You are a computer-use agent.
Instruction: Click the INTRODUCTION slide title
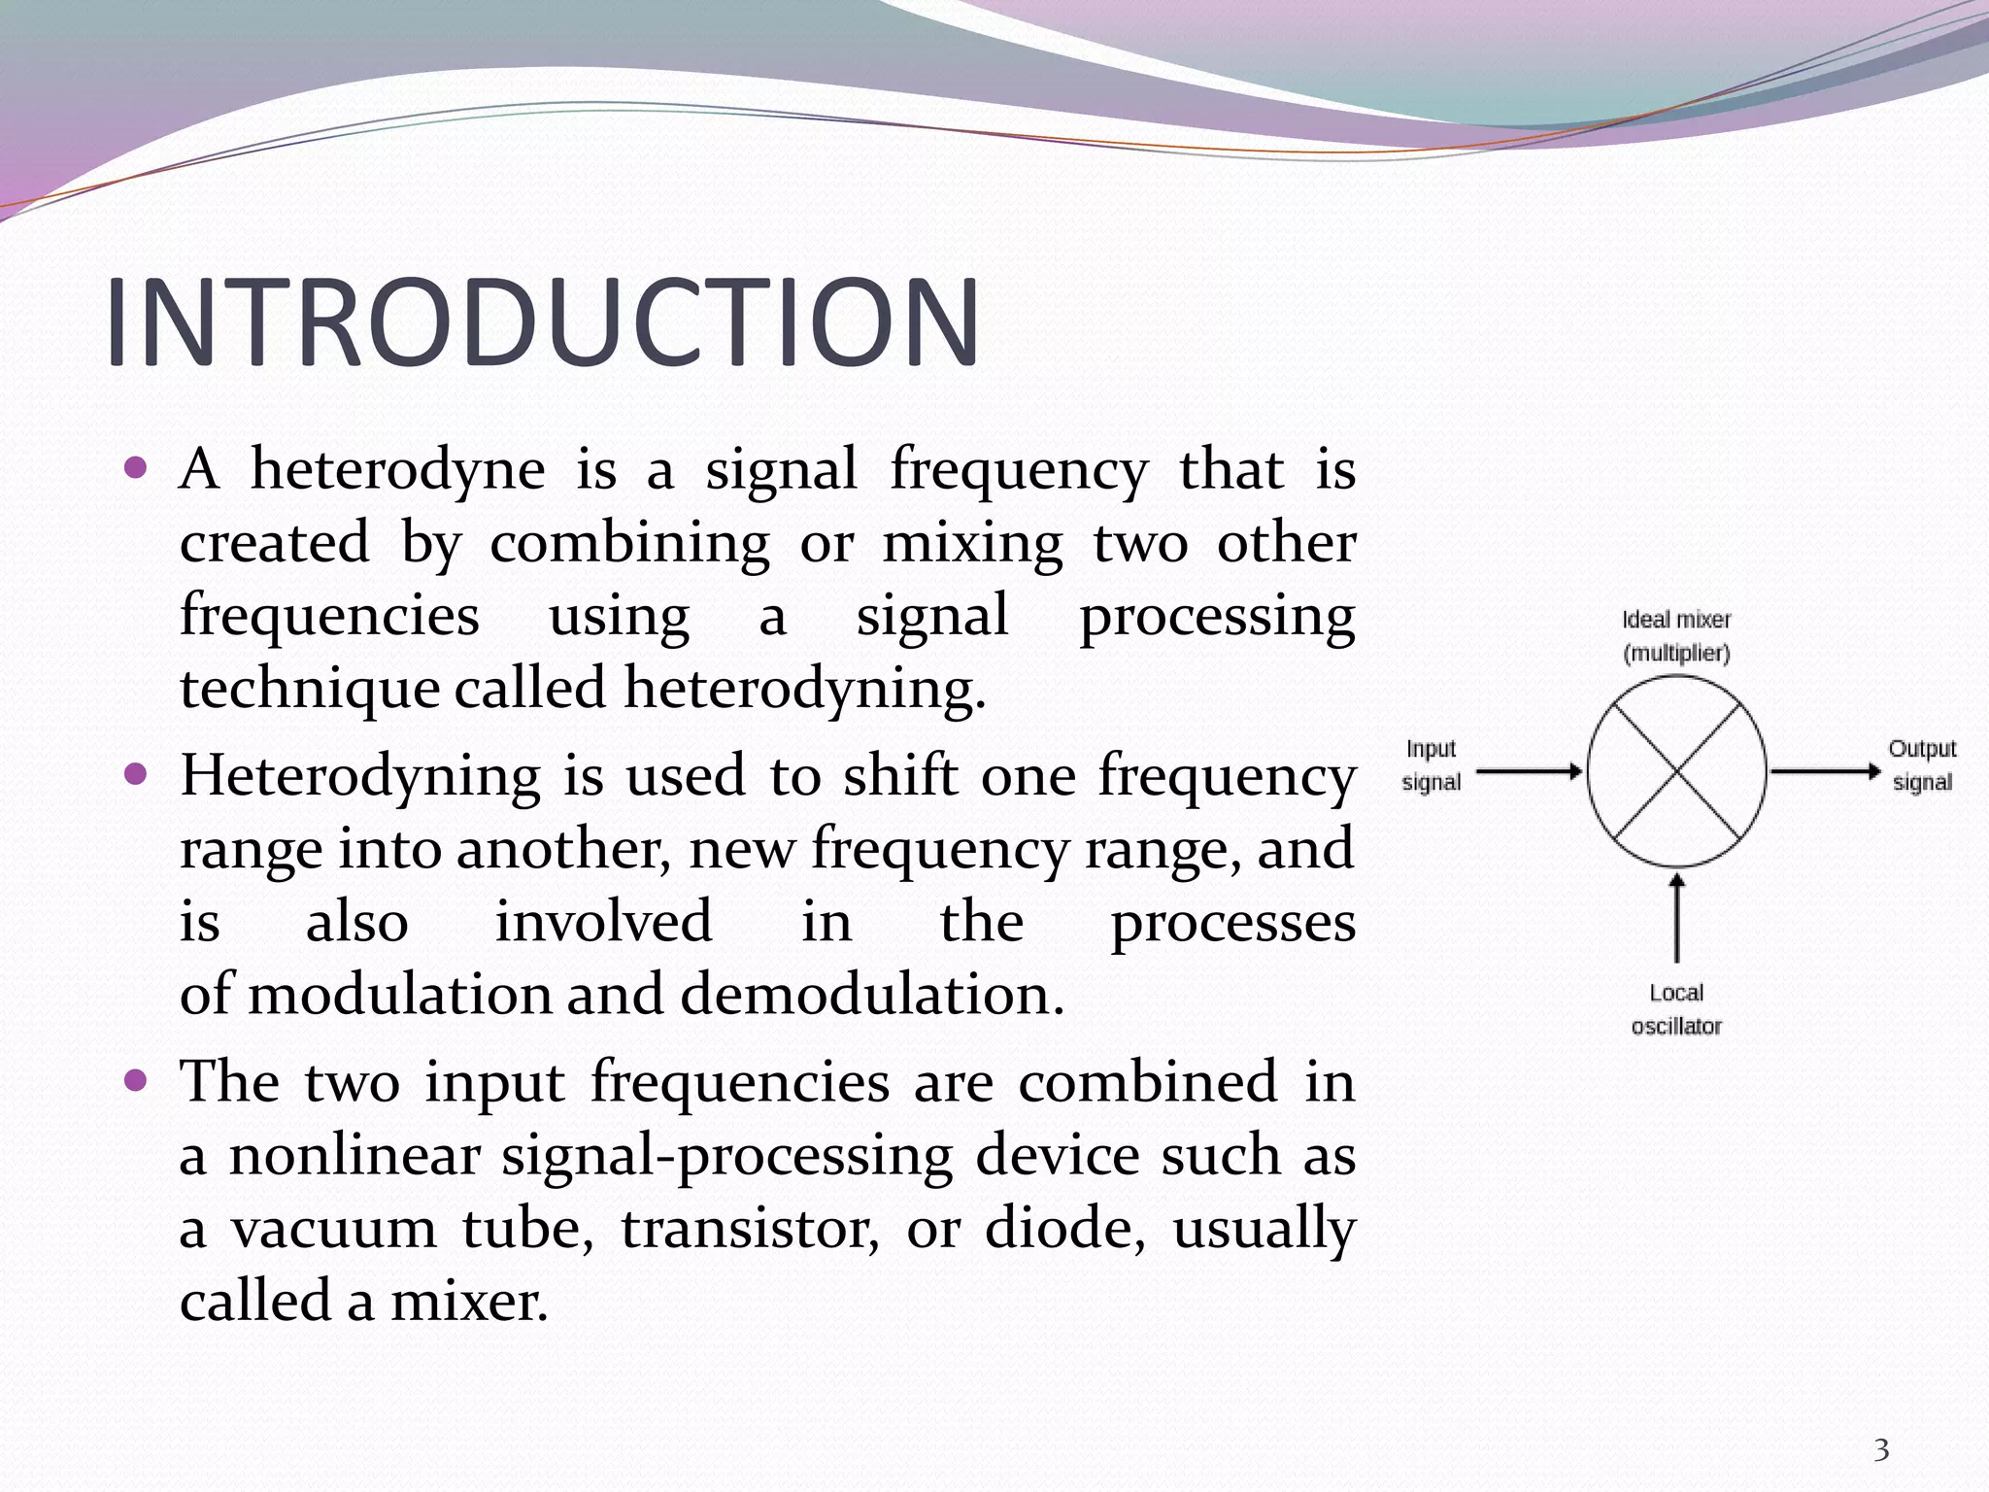542,322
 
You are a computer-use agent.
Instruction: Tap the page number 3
1881,1450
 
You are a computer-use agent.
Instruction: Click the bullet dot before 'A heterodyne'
136,468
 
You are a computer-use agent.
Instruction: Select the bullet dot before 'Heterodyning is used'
136,774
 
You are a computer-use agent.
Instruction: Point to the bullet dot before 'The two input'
136,1080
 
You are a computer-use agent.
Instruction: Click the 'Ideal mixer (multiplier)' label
1676,636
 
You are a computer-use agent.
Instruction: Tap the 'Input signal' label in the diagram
1431,765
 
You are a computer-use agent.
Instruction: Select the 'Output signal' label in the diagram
1922,765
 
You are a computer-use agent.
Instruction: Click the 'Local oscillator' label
1676,1009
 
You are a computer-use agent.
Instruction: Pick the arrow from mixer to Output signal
1825,772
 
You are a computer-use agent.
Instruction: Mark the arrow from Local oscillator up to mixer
1676,918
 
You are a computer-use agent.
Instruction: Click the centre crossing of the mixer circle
1676,772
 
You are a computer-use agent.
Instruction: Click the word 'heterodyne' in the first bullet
397,470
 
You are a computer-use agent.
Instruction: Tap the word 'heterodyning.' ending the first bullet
804,690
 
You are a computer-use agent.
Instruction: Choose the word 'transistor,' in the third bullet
750,1229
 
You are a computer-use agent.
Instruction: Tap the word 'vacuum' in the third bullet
333,1229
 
